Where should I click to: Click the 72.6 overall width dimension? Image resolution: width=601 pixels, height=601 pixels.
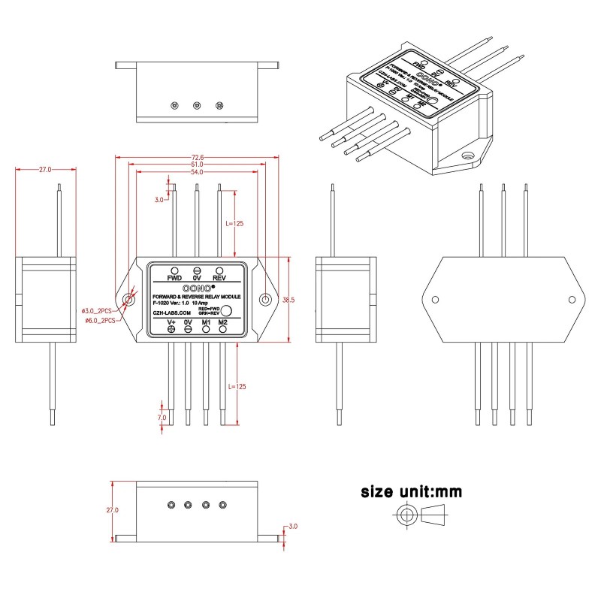(196, 157)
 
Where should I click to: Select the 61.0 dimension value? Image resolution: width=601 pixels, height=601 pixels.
(196, 165)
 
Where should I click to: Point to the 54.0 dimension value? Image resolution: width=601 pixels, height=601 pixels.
(196, 172)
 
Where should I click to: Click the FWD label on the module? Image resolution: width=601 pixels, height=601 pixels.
(174, 278)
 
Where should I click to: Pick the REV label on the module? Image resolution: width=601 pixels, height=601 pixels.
(219, 278)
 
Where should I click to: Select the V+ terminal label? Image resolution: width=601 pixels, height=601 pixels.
(171, 322)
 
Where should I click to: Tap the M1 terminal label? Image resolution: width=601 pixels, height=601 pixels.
(206, 322)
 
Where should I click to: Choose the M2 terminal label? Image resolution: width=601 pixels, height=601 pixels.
(223, 322)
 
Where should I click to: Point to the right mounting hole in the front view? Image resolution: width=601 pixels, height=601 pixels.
(264, 300)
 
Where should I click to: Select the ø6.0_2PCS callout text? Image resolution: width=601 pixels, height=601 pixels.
(98, 321)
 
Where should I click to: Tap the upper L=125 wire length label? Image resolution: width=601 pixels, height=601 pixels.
(235, 223)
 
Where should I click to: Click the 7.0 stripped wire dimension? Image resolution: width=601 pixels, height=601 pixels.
(161, 417)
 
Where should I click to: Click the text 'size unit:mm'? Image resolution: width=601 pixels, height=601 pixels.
(411, 493)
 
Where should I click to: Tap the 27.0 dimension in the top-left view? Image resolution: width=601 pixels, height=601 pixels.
(45, 171)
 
